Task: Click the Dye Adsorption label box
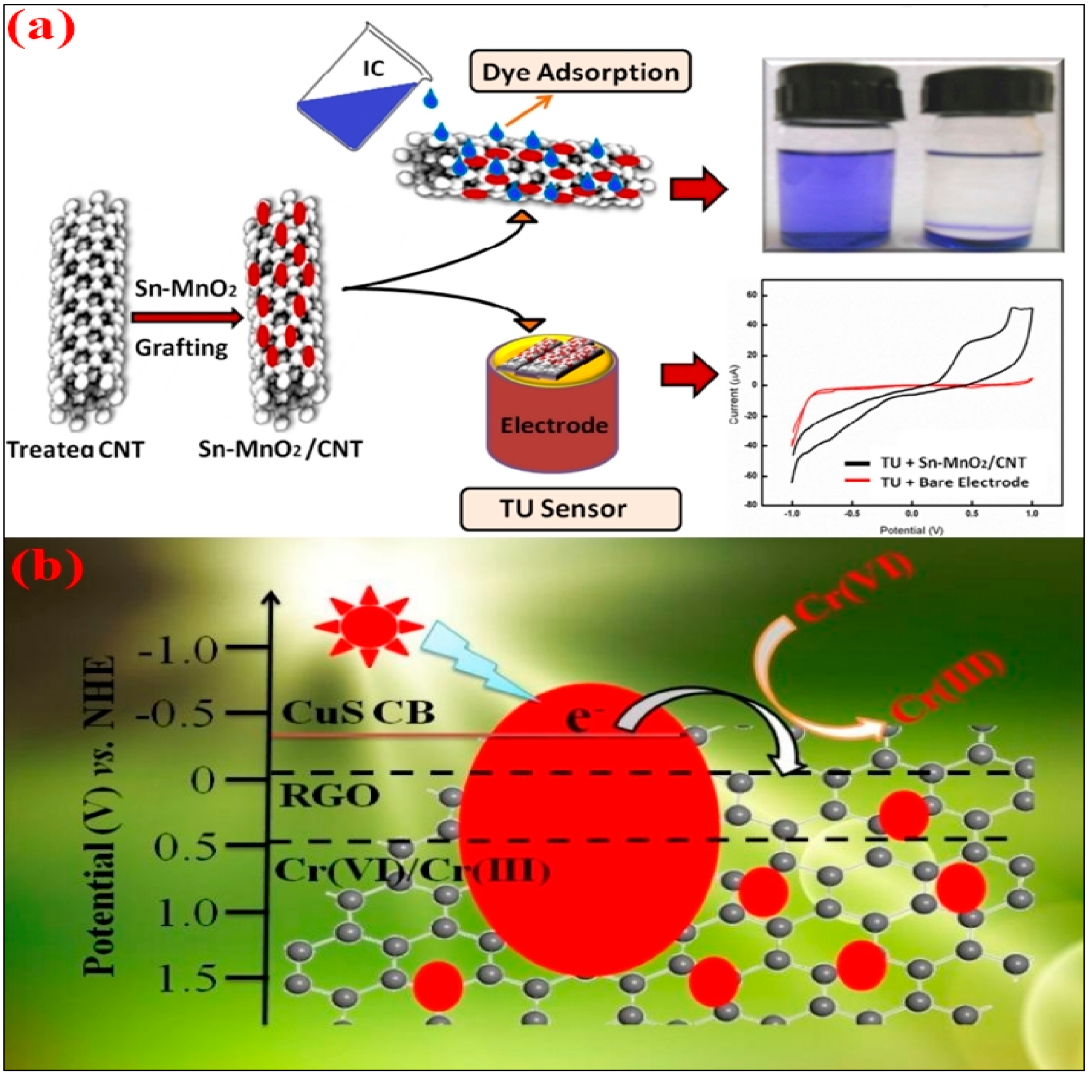580,72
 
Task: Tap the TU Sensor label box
570,508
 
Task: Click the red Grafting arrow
186,318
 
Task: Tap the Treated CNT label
75,450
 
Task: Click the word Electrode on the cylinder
554,425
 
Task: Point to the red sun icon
369,626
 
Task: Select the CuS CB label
358,713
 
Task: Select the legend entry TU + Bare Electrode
954,482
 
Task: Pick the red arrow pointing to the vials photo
698,189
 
